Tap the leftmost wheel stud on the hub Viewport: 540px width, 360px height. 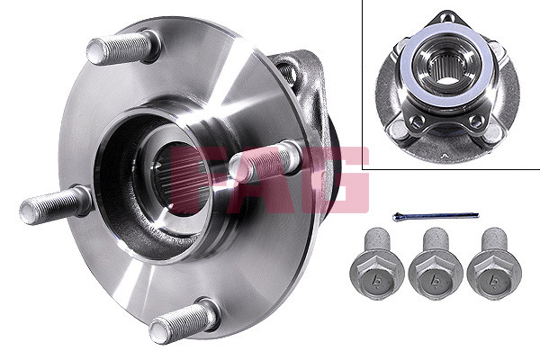[x=54, y=206]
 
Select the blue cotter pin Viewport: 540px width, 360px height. [x=436, y=216]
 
